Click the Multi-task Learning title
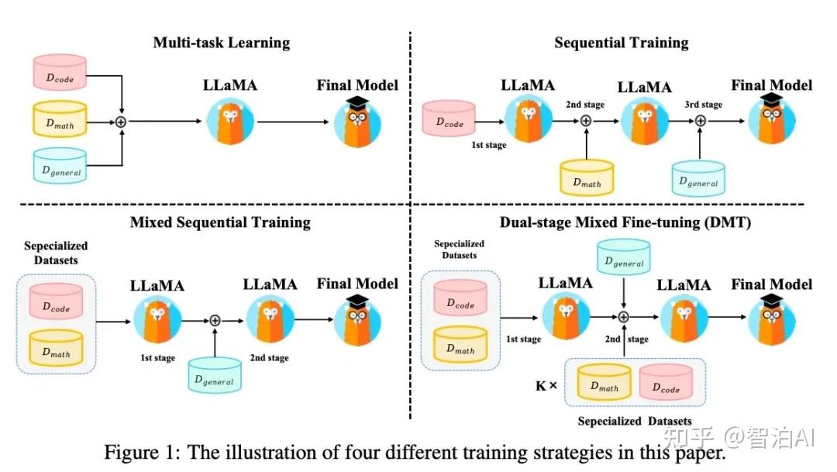(x=222, y=43)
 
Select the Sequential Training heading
(x=622, y=43)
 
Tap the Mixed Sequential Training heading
(x=220, y=222)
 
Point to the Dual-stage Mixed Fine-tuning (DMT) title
(x=625, y=222)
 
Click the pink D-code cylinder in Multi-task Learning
(x=60, y=72)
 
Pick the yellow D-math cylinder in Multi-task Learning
(x=60, y=119)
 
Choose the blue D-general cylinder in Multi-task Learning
(x=60, y=166)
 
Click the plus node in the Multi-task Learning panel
(x=121, y=122)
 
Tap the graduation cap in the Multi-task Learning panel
(x=357, y=102)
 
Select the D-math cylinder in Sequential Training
(x=587, y=177)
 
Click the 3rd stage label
(x=704, y=105)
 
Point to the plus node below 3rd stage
(x=701, y=121)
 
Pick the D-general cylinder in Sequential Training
(x=698, y=178)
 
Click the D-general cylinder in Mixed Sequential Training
(x=215, y=375)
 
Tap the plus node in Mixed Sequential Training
(x=215, y=320)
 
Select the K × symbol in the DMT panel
(x=546, y=385)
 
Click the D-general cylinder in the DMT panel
(x=623, y=257)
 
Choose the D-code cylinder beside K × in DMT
(x=666, y=382)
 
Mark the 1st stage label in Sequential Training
(x=489, y=145)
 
